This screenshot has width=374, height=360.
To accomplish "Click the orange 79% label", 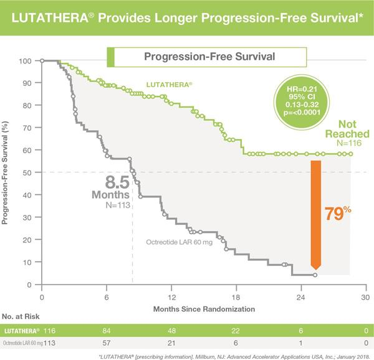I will pos(339,213).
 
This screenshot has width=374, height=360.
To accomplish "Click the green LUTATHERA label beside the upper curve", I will pos(168,83).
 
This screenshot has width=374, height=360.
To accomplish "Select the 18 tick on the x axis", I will pos(236,297).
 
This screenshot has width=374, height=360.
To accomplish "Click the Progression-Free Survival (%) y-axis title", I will pos(7,173).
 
